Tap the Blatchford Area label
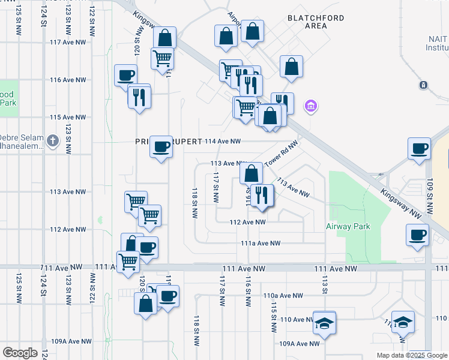[x=316, y=22]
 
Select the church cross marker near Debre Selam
[x=53, y=141]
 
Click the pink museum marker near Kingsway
[x=310, y=107]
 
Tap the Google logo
[x=20, y=353]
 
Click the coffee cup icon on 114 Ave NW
[x=161, y=147]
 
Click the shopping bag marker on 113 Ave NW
[x=251, y=174]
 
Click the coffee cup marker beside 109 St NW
[x=418, y=149]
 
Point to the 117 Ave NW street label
[x=72, y=43]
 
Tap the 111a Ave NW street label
[x=261, y=243]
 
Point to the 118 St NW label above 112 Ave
[x=194, y=203]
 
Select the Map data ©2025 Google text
[x=412, y=355]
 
